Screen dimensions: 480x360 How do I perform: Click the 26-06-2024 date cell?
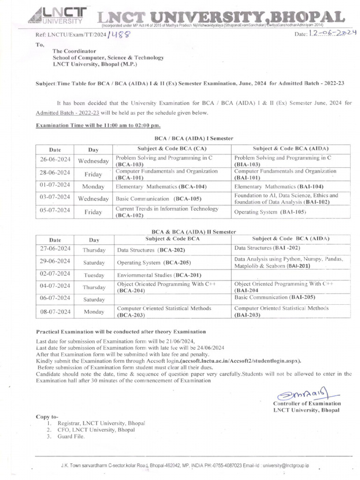click(x=55, y=160)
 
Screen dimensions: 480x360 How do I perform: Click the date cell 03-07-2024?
click(x=55, y=197)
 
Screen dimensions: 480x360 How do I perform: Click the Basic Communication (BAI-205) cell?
click(x=275, y=297)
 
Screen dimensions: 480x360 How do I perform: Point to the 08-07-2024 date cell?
click(x=55, y=311)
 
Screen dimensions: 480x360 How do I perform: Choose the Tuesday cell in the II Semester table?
click(x=94, y=275)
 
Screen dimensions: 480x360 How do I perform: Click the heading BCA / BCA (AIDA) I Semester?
click(x=194, y=138)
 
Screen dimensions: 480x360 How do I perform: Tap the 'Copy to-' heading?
click(x=47, y=416)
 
